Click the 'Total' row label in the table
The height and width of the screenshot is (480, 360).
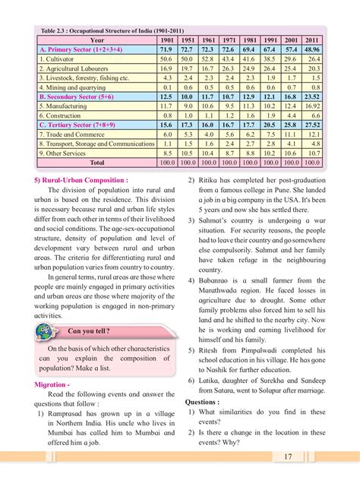coord(96,162)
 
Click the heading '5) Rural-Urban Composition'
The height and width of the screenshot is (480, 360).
coord(81,180)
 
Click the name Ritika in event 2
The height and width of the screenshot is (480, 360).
coord(212,180)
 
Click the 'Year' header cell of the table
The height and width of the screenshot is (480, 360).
coord(96,39)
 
